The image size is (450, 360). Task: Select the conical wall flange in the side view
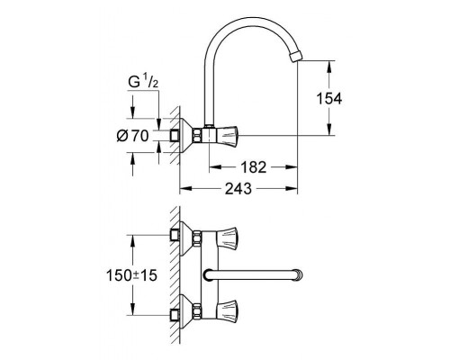(x=190, y=135)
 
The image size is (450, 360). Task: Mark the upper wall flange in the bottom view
(x=190, y=237)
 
